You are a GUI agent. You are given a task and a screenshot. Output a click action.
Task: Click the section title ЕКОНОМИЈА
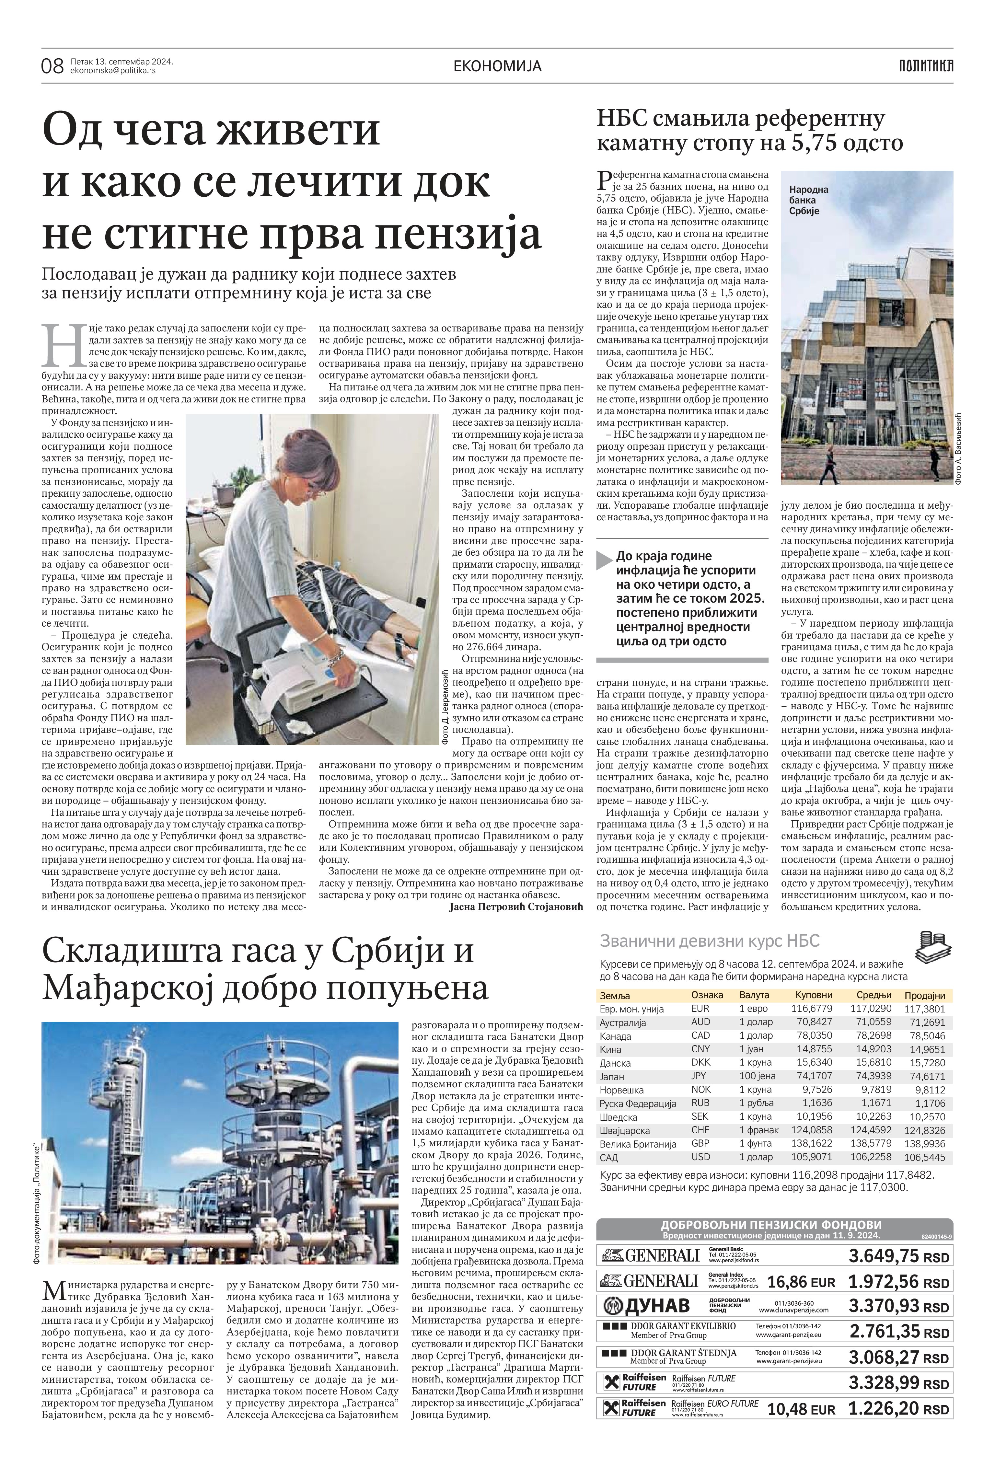[498, 66]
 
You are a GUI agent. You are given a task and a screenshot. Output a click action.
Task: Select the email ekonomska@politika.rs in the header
[113, 71]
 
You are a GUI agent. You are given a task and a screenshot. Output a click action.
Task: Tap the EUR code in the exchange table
[700, 1009]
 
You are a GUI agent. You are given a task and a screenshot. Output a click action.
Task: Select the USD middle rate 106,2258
[871, 1157]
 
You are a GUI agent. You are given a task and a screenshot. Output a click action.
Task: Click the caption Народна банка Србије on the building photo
[808, 200]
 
